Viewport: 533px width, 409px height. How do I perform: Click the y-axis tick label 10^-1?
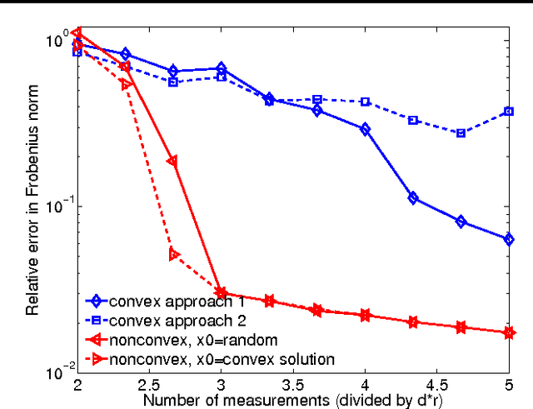(59, 205)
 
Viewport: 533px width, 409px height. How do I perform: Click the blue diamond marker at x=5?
(509, 239)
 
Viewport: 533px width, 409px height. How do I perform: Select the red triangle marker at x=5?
(509, 332)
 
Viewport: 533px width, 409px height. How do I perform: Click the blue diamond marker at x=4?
(365, 129)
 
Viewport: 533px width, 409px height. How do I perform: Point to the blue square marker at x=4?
(365, 102)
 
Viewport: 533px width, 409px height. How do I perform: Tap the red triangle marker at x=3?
(221, 292)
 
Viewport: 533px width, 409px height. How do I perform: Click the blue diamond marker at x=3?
(221, 68)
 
